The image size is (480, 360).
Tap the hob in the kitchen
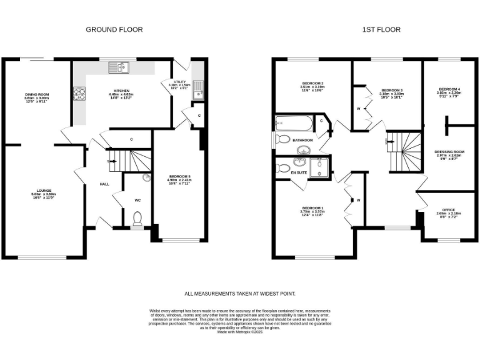click(80, 94)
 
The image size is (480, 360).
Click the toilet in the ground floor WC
click(138, 218)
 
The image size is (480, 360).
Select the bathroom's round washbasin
click(304, 150)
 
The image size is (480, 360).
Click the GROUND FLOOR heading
click(114, 29)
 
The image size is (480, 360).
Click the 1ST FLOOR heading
click(381, 29)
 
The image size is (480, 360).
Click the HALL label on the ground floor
click(104, 184)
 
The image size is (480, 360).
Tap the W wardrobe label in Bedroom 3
click(358, 109)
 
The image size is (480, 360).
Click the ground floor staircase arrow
click(111, 161)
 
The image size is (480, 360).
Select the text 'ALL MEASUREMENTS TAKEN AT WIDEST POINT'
click(240, 293)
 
